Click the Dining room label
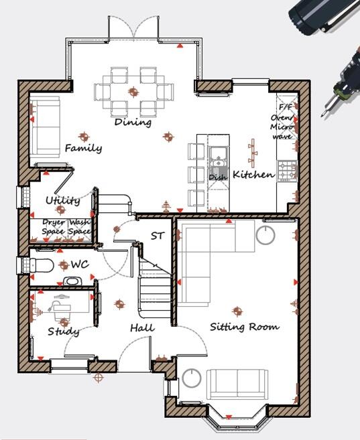(132, 123)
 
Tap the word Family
(83, 148)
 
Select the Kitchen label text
(253, 175)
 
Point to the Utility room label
(62, 200)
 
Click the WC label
(80, 265)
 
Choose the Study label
(64, 332)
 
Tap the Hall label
(142, 328)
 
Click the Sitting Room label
(245, 327)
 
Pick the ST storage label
(157, 236)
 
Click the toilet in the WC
(42, 266)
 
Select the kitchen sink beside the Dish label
(218, 161)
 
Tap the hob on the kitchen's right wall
(286, 170)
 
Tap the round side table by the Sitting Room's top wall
(265, 234)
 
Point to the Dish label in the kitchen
(217, 177)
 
